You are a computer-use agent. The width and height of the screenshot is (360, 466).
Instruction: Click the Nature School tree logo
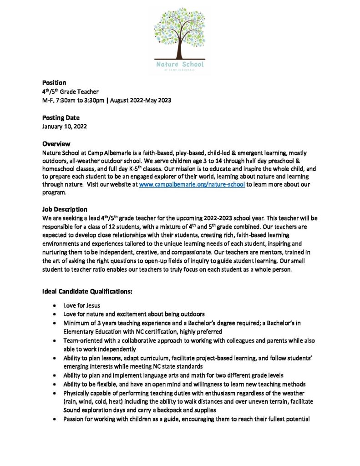point(179,39)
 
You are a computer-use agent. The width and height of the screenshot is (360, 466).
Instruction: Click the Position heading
point(54,83)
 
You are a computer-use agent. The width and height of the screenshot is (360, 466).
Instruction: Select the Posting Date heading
point(61,118)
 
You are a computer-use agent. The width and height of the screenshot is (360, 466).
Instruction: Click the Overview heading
point(56,144)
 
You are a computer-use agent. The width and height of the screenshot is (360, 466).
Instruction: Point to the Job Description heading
point(65,210)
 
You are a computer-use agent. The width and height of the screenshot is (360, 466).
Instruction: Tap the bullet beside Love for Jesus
point(55,305)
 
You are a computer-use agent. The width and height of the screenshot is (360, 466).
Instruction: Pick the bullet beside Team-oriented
point(55,341)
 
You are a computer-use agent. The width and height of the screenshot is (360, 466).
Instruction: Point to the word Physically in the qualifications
point(78,393)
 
